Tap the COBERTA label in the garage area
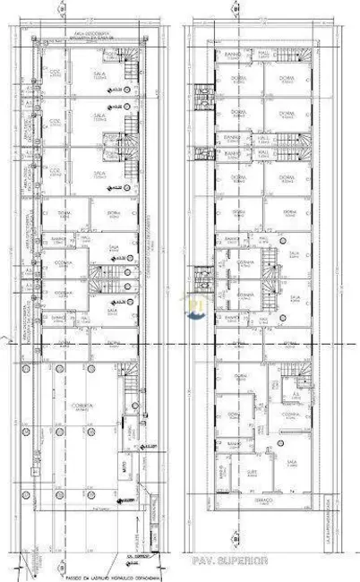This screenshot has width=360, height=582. click(86, 404)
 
